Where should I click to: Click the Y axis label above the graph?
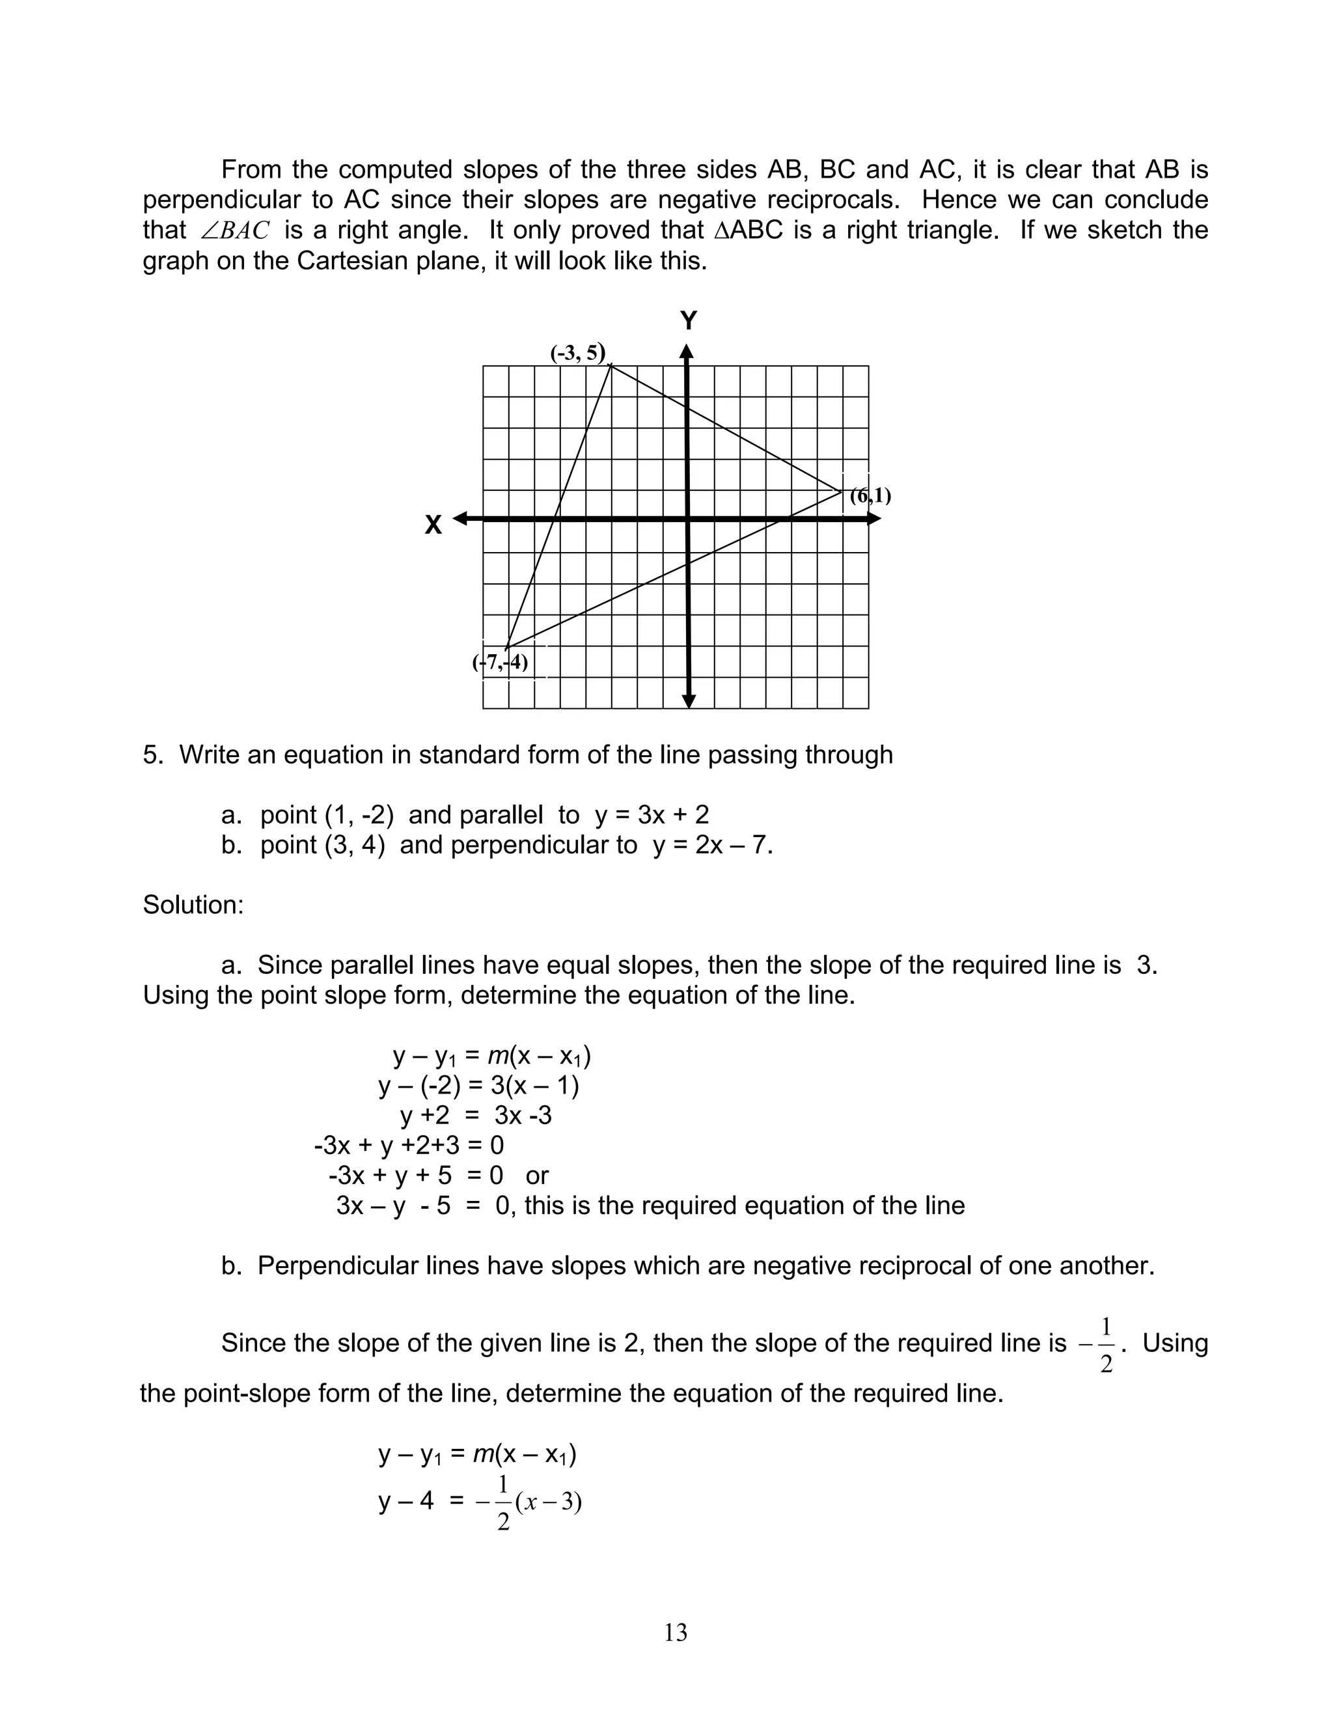pyautogui.click(x=689, y=321)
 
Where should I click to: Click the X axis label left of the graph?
pyautogui.click(x=433, y=525)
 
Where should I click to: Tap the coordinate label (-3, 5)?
pyautogui.click(x=578, y=352)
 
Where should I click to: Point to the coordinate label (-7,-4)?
pyautogui.click(x=501, y=662)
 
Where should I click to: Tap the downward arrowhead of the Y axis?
pyautogui.click(x=689, y=700)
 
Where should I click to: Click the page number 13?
pyautogui.click(x=675, y=1633)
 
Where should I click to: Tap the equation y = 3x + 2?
pyautogui.click(x=652, y=814)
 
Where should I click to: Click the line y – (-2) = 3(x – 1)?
pyautogui.click(x=478, y=1086)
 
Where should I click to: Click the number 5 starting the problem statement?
pyautogui.click(x=150, y=755)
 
